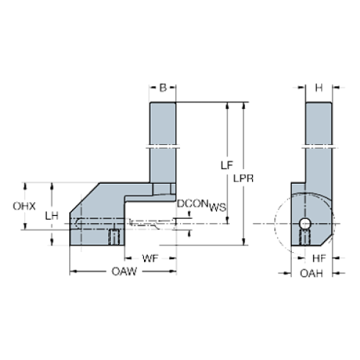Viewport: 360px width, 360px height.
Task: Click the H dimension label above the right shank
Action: tap(319, 87)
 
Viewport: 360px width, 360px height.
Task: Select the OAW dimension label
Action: tap(122, 273)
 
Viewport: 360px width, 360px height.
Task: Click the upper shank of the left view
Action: tap(163, 121)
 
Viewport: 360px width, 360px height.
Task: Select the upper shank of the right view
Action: tap(317, 121)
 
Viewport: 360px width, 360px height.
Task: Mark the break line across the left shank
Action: tap(163, 145)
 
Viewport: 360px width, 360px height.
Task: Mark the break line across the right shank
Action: tap(317, 145)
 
